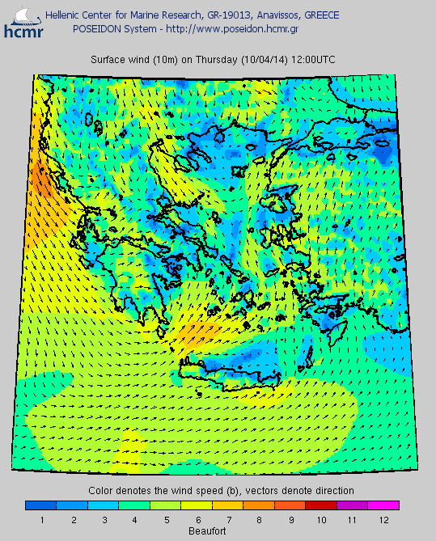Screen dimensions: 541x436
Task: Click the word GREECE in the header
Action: (x=315, y=15)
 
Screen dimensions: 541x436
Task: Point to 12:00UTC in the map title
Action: (x=314, y=61)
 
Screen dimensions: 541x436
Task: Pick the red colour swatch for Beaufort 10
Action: (x=321, y=505)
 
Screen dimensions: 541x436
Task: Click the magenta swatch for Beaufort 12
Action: (x=383, y=505)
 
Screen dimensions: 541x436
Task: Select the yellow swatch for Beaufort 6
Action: (x=197, y=505)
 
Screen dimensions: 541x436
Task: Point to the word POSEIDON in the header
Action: (x=98, y=28)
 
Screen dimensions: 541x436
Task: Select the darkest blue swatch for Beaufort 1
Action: (x=41, y=505)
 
